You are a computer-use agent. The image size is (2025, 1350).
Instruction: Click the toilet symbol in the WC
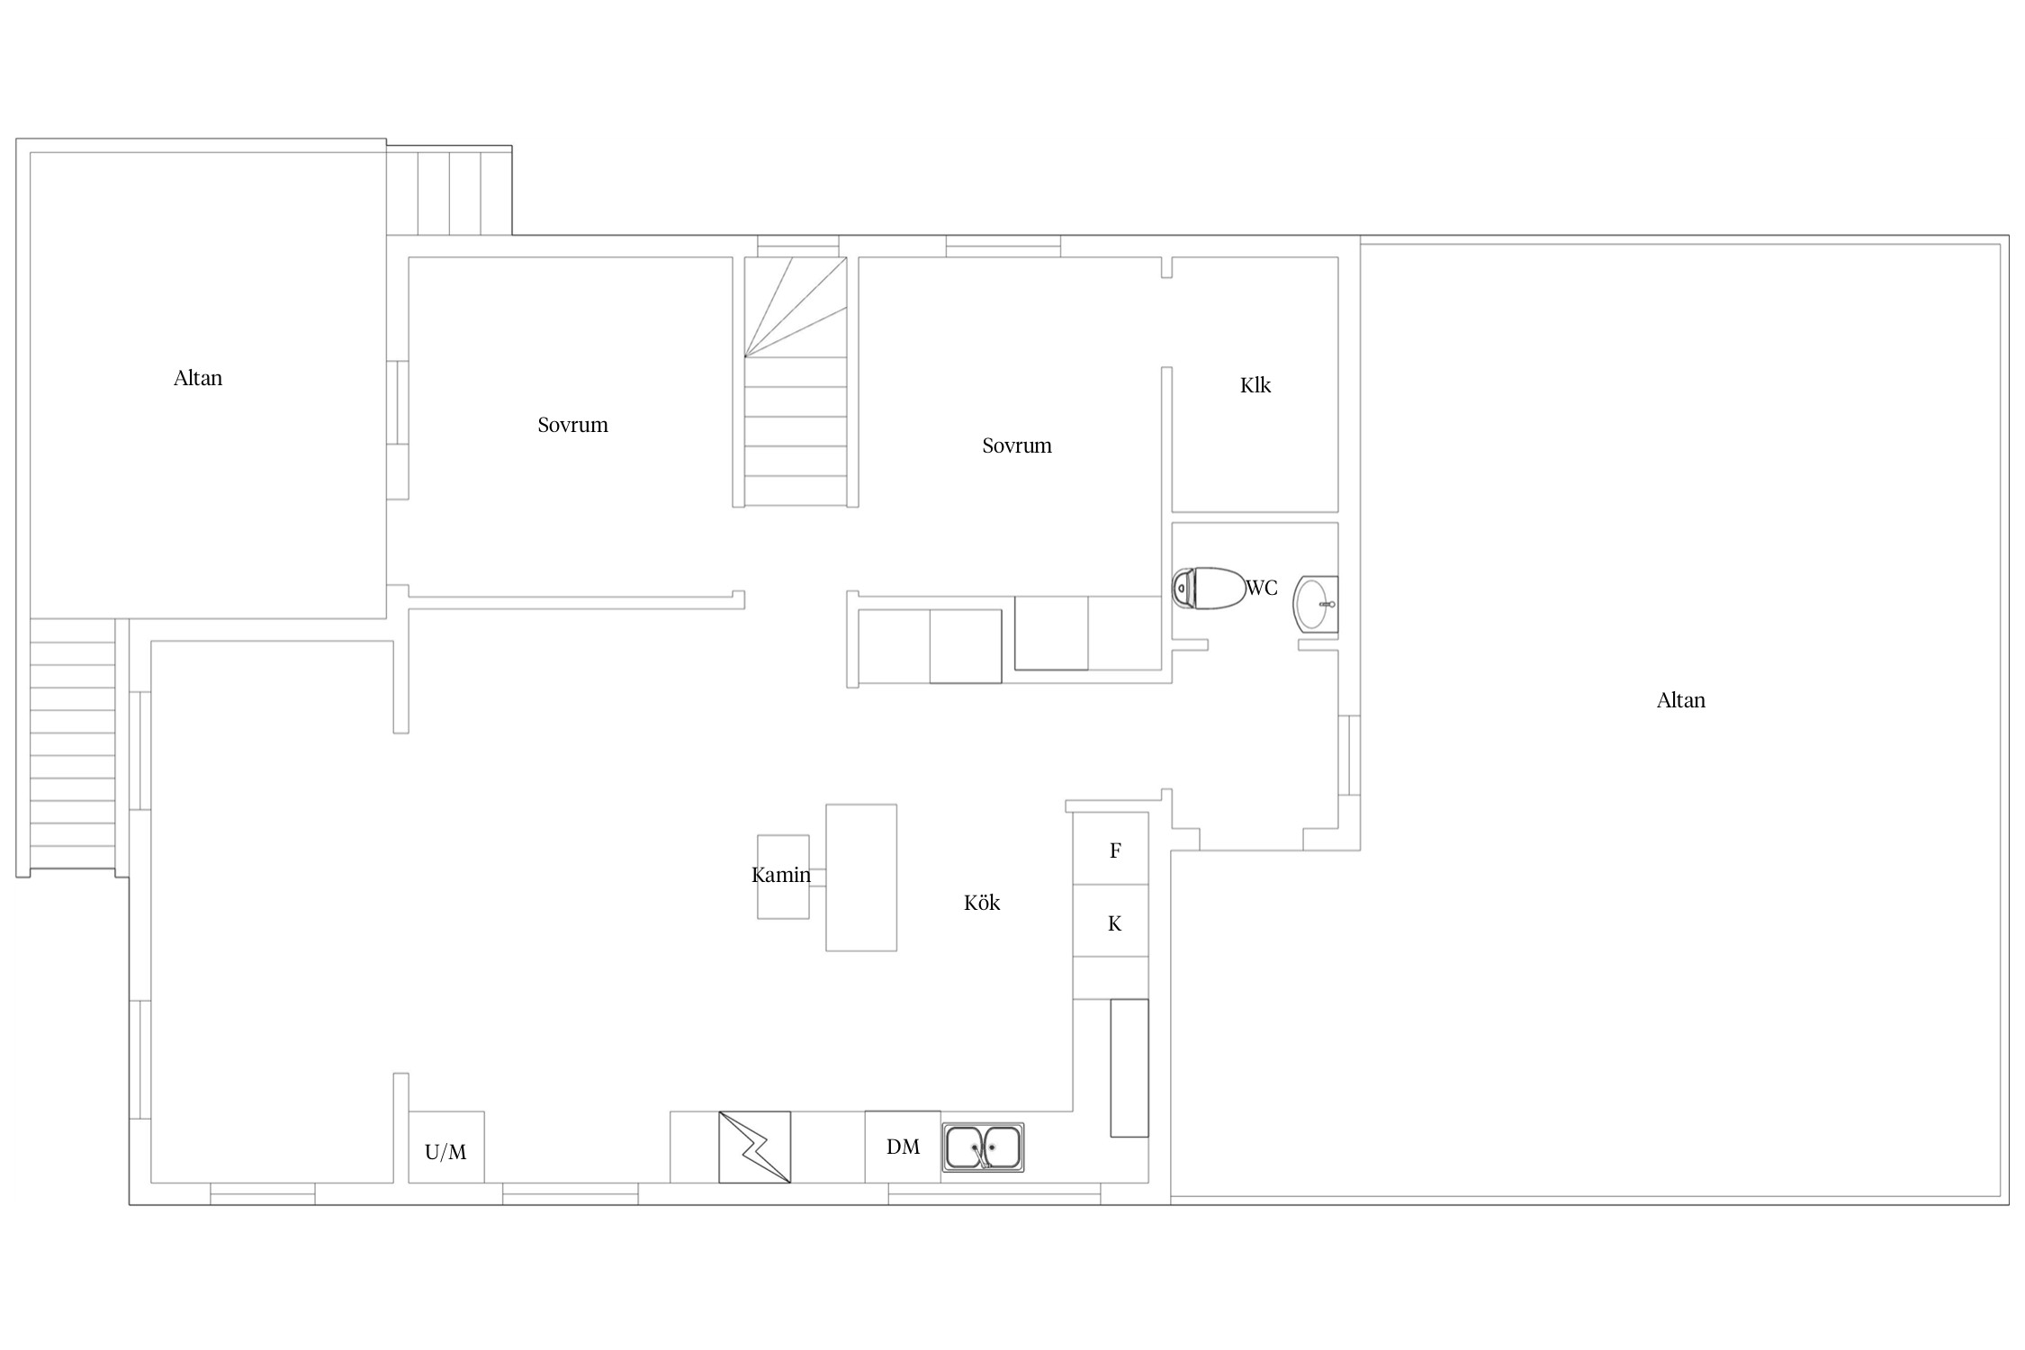click(1209, 589)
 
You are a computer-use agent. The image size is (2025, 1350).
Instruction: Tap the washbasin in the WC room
click(1315, 603)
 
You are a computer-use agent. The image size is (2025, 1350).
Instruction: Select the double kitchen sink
click(983, 1147)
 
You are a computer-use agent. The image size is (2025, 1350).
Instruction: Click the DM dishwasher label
click(903, 1147)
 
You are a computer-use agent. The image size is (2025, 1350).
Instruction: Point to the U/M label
click(445, 1152)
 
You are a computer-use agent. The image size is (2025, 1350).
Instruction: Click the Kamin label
click(781, 875)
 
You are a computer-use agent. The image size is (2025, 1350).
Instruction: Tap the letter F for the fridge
click(1115, 850)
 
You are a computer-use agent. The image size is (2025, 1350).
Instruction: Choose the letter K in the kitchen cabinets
click(1114, 923)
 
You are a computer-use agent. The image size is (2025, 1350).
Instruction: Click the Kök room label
click(982, 903)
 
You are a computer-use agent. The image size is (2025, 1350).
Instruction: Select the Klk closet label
click(1255, 385)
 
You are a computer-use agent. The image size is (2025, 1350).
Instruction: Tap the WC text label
click(1262, 588)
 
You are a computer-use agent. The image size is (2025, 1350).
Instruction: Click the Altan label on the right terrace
click(1681, 700)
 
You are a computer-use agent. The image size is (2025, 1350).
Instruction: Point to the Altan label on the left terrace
click(198, 378)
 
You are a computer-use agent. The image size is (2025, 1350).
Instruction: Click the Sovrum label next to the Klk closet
click(1017, 445)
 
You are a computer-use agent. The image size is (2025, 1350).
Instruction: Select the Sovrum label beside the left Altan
click(572, 425)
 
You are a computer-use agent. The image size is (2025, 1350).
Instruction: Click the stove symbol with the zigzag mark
click(754, 1147)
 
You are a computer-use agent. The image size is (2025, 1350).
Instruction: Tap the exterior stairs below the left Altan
click(73, 744)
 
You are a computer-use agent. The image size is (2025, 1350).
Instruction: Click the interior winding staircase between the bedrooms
click(796, 382)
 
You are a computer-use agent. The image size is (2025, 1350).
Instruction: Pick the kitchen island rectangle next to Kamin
click(861, 877)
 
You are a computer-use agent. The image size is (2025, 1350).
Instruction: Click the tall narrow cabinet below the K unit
click(1129, 1067)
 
